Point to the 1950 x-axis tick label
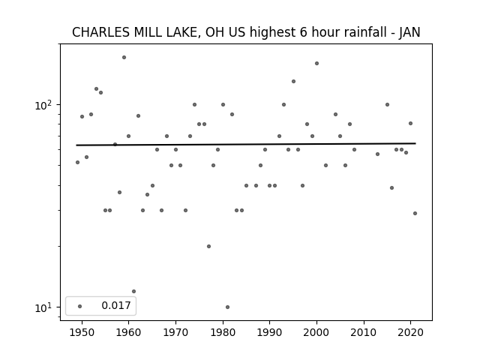point(82,332)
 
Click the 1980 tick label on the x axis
point(223,332)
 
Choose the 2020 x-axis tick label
point(410,332)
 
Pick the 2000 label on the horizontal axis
point(316,332)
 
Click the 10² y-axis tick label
point(43,105)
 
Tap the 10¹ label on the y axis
point(43,307)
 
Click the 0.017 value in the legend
point(116,305)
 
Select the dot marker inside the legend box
point(80,306)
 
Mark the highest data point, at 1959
point(124,57)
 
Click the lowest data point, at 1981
point(227,307)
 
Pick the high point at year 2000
point(316,63)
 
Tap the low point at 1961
point(133,291)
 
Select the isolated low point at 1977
point(208,246)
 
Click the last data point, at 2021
point(415,213)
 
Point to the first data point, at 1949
point(77,162)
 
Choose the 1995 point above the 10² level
point(293,82)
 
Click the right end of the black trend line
point(415,143)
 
